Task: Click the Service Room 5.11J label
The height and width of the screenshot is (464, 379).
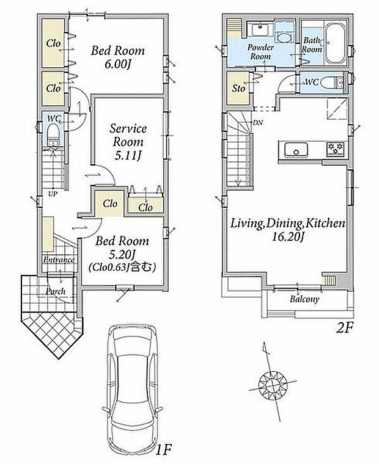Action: click(128, 142)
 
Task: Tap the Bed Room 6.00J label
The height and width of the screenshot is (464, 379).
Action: click(118, 57)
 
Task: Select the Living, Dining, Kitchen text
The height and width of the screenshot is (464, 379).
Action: click(287, 223)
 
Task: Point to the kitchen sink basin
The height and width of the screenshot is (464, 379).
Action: click(296, 150)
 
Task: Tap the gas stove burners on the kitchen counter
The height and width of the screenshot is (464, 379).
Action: click(336, 149)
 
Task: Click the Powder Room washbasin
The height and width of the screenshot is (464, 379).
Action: click(260, 29)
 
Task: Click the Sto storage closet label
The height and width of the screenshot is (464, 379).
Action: click(238, 88)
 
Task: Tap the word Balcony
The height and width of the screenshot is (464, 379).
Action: click(304, 299)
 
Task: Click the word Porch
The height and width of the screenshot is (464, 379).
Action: click(56, 291)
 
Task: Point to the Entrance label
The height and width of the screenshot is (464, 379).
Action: click(59, 260)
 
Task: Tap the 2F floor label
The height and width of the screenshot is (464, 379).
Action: click(344, 328)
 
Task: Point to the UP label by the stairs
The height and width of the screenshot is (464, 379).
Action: click(54, 194)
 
